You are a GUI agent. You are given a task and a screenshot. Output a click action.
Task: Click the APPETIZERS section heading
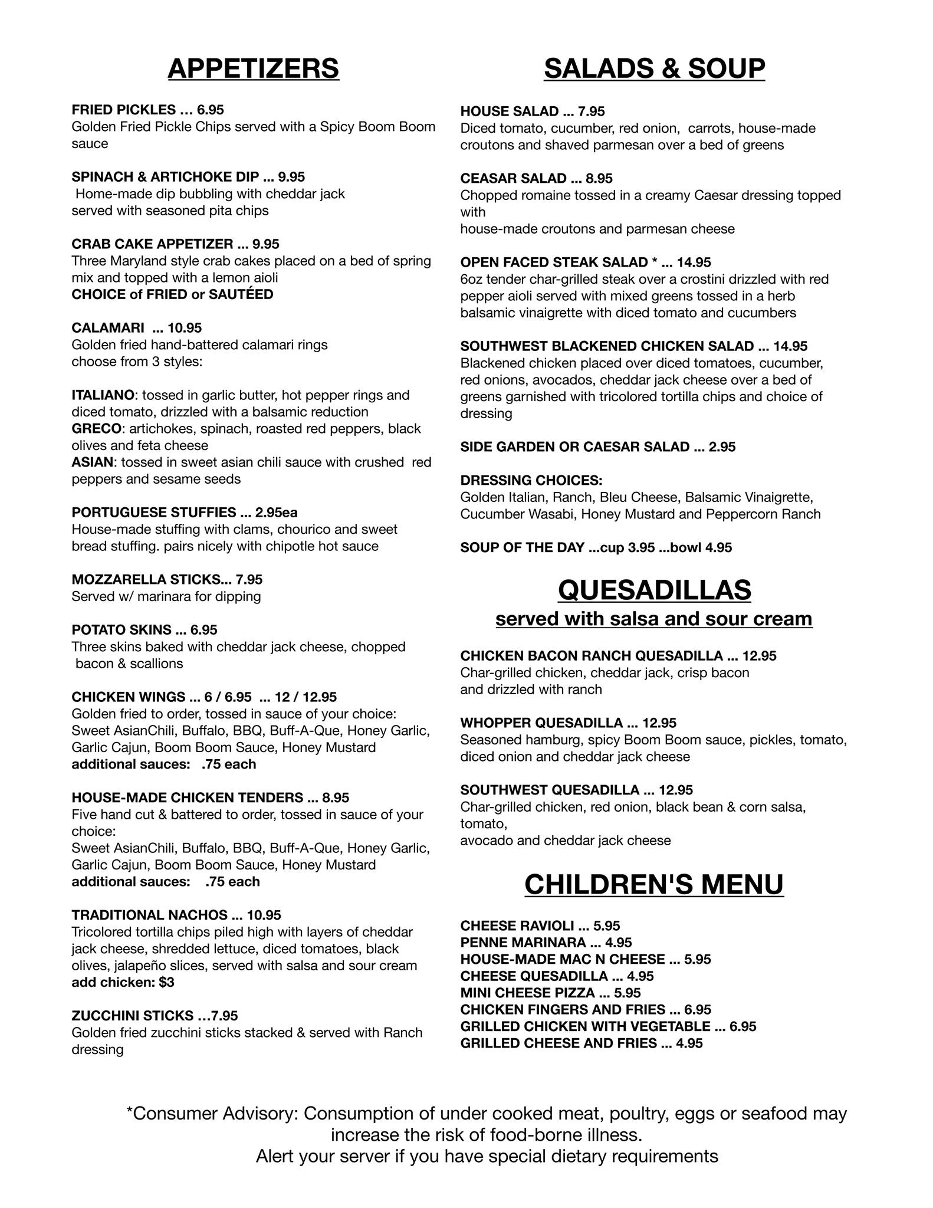coord(253,68)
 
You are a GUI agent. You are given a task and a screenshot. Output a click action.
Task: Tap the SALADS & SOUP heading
coord(654,68)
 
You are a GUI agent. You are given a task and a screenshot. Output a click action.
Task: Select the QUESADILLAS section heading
coord(654,590)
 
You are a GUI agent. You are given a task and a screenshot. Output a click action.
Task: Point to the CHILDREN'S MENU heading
coord(654,885)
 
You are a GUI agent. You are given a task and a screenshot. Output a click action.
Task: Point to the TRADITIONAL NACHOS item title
coord(149,915)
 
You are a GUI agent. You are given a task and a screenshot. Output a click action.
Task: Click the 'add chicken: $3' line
coord(123,982)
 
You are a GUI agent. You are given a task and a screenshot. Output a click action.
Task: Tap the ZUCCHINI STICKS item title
coord(132,1016)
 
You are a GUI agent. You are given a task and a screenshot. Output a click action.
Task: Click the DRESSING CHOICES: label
coord(531,480)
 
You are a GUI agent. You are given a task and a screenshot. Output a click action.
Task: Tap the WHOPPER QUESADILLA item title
coord(541,723)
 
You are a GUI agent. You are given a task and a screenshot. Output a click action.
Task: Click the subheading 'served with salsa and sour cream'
coord(653,619)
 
